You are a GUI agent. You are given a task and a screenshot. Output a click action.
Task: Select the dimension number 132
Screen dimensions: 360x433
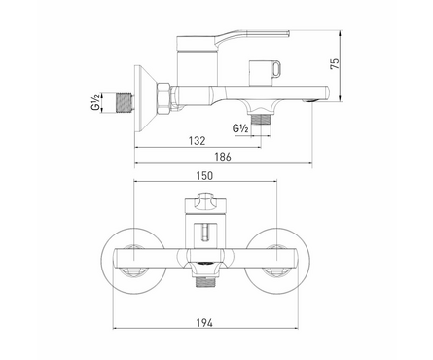pyautogui.click(x=196, y=139)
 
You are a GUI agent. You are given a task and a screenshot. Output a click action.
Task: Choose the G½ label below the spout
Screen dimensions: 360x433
pyautogui.click(x=240, y=128)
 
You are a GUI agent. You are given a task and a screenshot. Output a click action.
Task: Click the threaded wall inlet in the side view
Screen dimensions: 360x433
pyautogui.click(x=121, y=99)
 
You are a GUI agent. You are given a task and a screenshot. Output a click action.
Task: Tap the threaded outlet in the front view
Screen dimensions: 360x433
pyautogui.click(x=206, y=281)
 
